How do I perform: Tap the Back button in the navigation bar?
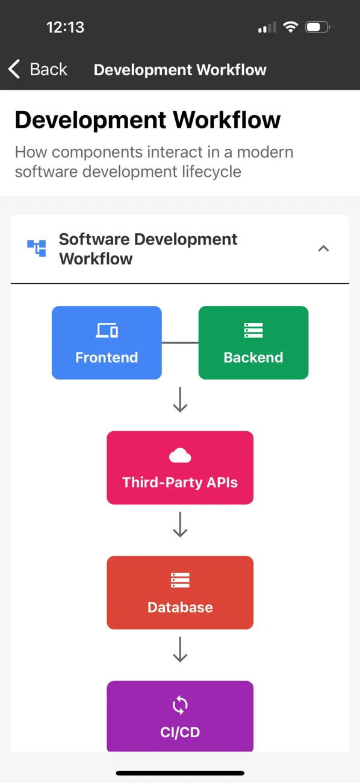[x=38, y=69]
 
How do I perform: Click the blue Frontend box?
[x=107, y=343]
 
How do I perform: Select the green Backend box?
[x=253, y=343]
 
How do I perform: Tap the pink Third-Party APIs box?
[x=180, y=467]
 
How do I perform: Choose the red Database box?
[x=180, y=592]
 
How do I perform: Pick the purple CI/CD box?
[x=180, y=716]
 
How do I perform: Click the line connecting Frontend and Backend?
[x=180, y=343]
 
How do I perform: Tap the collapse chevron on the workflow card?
[x=323, y=248]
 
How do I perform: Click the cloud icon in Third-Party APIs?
[x=180, y=456]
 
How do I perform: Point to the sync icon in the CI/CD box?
[x=180, y=705]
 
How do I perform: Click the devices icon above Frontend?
[x=107, y=330]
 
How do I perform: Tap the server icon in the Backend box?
[x=253, y=330]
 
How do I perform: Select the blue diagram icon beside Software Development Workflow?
[x=37, y=248]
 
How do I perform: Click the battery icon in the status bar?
[x=317, y=27]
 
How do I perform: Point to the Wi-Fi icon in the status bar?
[x=291, y=27]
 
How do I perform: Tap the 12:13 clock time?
[x=65, y=27]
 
